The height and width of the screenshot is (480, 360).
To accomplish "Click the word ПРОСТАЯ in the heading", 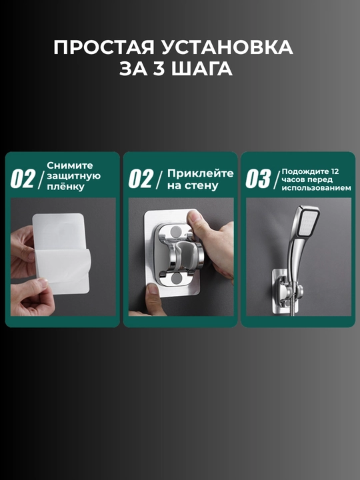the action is tap(104, 47).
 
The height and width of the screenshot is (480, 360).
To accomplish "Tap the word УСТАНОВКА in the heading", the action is tap(227, 47).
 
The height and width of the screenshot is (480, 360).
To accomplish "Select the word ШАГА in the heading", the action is tap(202, 69).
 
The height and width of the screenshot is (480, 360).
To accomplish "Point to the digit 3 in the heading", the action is tap(157, 69).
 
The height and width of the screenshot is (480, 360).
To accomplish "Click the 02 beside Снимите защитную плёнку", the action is tap(23, 179).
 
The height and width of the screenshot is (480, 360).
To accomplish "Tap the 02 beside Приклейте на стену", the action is tap(141, 179).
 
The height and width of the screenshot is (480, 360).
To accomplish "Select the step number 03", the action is tap(259, 179).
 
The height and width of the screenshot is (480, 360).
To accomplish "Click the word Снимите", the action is tap(70, 165).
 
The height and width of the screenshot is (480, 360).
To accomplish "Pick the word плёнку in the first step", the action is tap(65, 187).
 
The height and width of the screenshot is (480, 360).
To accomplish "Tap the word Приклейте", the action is tap(200, 173).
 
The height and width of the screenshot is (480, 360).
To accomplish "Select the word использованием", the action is tap(316, 188).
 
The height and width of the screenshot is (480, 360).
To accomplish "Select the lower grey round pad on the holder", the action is tap(176, 279).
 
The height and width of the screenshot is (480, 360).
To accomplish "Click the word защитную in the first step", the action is tap(74, 176).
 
